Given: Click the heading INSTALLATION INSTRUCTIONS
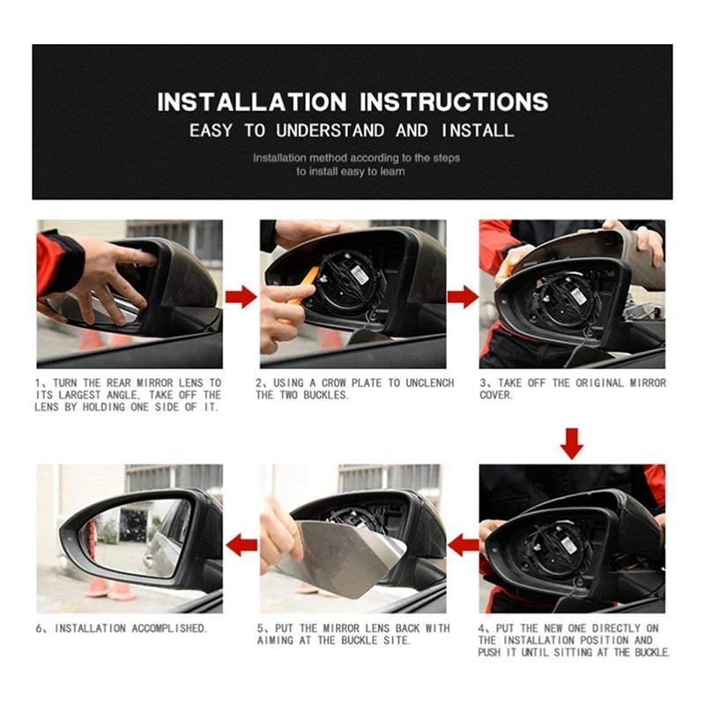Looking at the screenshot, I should pos(352,101).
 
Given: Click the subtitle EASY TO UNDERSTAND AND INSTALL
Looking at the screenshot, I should pos(352,130).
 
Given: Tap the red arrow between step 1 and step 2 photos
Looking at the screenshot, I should pos(241,296).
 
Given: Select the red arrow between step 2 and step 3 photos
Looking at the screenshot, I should pos(463,296).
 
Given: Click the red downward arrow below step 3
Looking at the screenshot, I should pos(572,442).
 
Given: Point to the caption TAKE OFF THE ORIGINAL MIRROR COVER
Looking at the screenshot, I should pos(573,389).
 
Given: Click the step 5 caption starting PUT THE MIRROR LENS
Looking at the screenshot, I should pos(353,634).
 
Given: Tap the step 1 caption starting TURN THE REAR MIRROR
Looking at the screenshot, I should pos(129,395).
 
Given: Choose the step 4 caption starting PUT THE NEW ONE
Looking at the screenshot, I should pos(574,641).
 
